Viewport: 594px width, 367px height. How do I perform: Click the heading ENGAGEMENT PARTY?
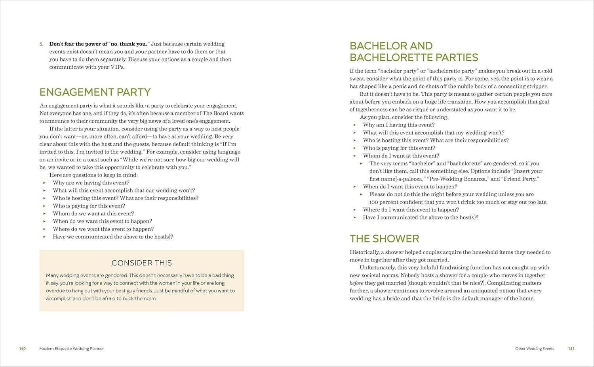[95, 92]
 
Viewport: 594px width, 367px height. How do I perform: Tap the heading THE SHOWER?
[384, 239]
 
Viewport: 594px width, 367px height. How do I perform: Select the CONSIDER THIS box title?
[142, 263]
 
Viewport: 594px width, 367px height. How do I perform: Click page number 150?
[23, 349]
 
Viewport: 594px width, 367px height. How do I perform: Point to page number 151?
[571, 349]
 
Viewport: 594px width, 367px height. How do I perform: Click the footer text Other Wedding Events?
[535, 349]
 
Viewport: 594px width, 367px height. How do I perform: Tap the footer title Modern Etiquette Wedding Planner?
[72, 349]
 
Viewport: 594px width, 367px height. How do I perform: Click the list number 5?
[41, 44]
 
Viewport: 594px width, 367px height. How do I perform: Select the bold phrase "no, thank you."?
[129, 44]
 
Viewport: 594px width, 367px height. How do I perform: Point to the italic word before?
[356, 283]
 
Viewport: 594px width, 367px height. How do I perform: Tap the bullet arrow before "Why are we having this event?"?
[44, 183]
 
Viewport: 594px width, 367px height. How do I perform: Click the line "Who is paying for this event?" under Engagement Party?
[89, 206]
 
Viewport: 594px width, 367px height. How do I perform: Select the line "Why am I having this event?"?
[398, 125]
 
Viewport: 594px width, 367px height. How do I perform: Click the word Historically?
[364, 252]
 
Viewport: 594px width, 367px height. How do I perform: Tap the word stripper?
[537, 86]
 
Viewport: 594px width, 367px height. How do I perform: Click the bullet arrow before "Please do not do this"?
[361, 194]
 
